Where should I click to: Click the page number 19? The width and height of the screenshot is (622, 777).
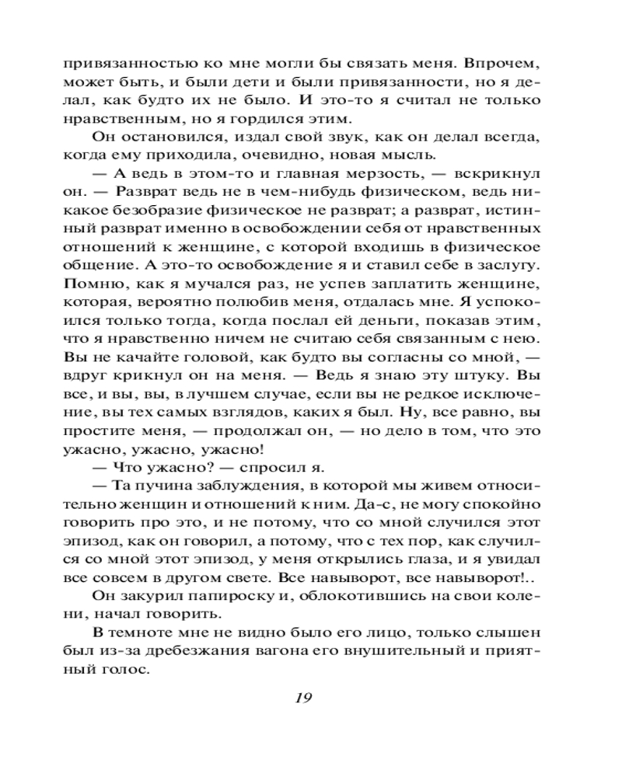303,696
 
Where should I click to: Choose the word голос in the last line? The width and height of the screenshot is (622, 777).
124,670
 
